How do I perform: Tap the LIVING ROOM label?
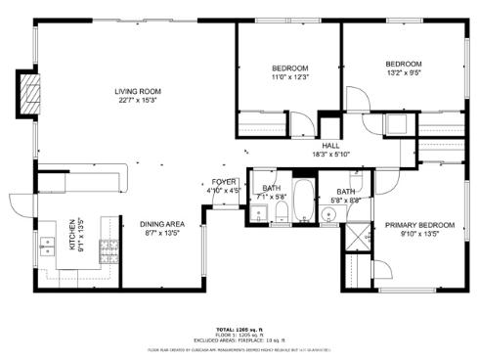tap(138, 91)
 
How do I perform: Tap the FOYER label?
tap(224, 182)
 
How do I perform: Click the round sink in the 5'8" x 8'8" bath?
tap(327, 211)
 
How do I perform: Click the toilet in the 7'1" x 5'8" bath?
tap(281, 213)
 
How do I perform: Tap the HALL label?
tap(330, 146)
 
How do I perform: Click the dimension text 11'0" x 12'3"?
tap(289, 76)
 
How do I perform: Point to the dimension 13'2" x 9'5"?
tap(404, 71)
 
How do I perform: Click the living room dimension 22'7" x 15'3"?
tap(138, 99)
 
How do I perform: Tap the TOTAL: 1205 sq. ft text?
tap(239, 330)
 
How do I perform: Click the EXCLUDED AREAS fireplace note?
tap(239, 339)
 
